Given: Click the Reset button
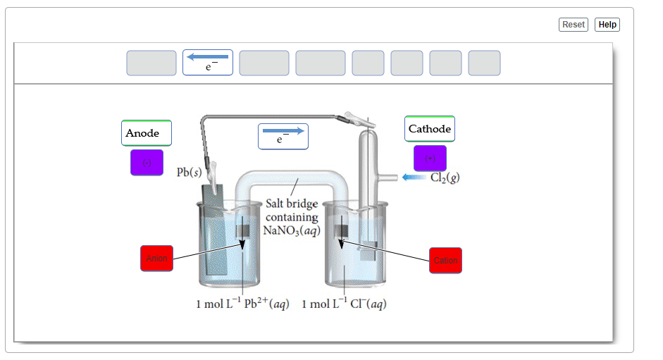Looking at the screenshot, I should click(x=573, y=25).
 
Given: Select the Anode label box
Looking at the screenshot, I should click(x=146, y=133).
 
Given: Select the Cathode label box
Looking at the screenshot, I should click(x=430, y=129).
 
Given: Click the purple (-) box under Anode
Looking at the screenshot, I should click(x=147, y=163).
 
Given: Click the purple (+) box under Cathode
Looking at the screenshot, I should click(x=430, y=159).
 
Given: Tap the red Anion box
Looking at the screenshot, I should click(x=156, y=259).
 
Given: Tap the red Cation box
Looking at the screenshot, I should click(x=445, y=261).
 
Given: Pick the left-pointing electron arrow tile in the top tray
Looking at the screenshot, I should click(x=208, y=63).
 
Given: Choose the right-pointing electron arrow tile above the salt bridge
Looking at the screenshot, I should click(x=283, y=136).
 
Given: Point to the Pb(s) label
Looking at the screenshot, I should click(x=189, y=173).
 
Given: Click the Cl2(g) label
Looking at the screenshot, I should click(x=445, y=177).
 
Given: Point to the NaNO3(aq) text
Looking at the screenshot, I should click(x=291, y=230).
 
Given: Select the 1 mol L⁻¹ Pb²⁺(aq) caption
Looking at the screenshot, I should click(x=242, y=304).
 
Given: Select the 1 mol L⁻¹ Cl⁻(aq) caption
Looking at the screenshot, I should click(x=344, y=304).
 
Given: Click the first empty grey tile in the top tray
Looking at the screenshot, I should click(x=151, y=63).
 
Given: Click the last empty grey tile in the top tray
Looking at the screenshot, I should click(x=484, y=63).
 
